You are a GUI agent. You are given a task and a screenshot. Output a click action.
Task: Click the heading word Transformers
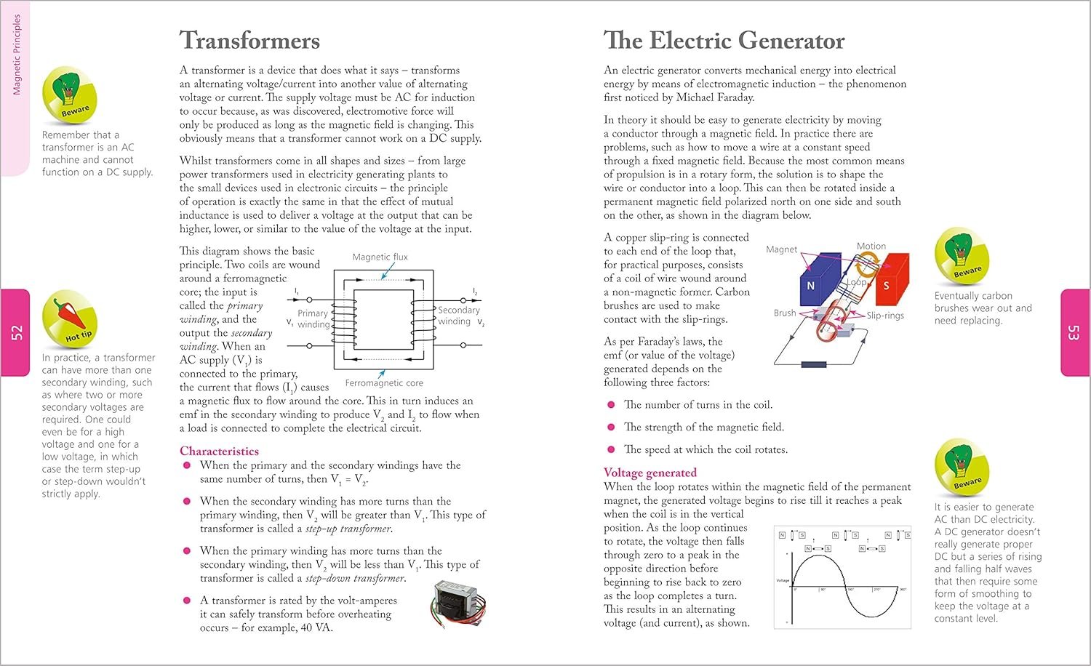click(x=249, y=41)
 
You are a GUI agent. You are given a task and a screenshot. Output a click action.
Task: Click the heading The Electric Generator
click(x=724, y=41)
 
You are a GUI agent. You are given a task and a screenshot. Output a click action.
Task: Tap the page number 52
click(x=16, y=333)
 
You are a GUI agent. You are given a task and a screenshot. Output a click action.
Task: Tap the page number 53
click(x=1073, y=333)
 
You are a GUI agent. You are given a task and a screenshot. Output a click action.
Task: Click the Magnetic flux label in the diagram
click(x=380, y=257)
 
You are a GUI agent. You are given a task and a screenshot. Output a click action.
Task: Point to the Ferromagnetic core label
click(x=384, y=383)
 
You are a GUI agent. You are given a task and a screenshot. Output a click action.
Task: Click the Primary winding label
click(x=313, y=318)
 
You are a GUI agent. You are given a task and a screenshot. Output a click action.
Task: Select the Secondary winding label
click(x=458, y=316)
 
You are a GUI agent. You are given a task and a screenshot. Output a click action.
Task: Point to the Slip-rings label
click(x=885, y=316)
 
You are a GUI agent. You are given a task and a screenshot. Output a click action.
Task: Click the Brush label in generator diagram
click(x=785, y=313)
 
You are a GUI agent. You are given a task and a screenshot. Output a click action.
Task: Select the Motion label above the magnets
click(x=871, y=246)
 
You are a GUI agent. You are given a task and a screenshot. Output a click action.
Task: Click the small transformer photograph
click(x=458, y=603)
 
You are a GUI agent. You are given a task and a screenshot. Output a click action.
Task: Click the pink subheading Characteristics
click(x=219, y=451)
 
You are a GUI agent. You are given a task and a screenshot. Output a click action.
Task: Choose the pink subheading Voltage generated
click(x=650, y=473)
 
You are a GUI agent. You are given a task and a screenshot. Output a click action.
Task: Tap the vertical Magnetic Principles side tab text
click(x=17, y=55)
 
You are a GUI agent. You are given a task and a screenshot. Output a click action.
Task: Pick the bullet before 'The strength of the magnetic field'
click(x=610, y=428)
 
